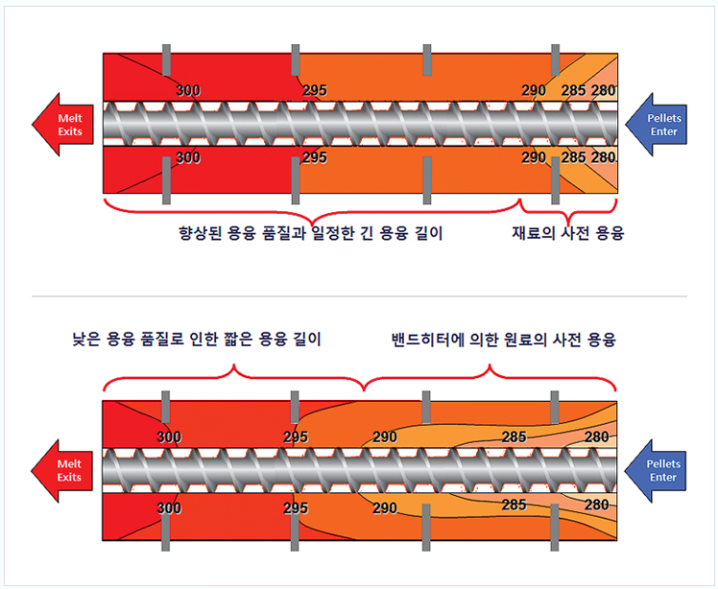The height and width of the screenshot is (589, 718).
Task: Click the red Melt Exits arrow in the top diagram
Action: point(63,125)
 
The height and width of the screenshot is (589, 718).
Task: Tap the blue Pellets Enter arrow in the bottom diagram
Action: point(656,470)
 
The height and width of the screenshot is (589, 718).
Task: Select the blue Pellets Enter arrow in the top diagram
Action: point(657,125)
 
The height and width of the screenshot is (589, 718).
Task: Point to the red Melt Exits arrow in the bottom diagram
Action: point(62,470)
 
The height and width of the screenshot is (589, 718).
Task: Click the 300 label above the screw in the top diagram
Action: point(188,90)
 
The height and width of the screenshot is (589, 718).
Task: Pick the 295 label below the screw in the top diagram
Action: point(315,157)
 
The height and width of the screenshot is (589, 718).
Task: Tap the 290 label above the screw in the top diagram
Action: point(534,90)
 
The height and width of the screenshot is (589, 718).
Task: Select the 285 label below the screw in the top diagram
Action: point(573,157)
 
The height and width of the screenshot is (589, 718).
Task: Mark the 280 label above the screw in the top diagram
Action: point(603,90)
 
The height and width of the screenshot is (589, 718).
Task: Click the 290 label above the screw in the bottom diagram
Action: point(385,437)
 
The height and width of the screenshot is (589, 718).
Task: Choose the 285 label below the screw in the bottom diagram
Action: point(514,505)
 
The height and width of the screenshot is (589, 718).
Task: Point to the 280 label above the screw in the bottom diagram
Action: point(597,437)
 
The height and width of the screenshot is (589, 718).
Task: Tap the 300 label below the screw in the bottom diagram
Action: point(169,508)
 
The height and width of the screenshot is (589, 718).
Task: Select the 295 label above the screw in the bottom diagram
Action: point(296,437)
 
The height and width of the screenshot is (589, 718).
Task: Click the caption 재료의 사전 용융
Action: point(568,233)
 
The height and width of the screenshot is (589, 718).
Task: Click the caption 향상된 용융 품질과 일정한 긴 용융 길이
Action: point(311,233)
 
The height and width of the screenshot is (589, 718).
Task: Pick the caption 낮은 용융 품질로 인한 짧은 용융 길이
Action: point(197,340)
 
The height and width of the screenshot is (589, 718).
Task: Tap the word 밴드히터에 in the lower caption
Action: point(428,340)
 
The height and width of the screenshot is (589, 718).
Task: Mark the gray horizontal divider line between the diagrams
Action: point(359,296)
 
